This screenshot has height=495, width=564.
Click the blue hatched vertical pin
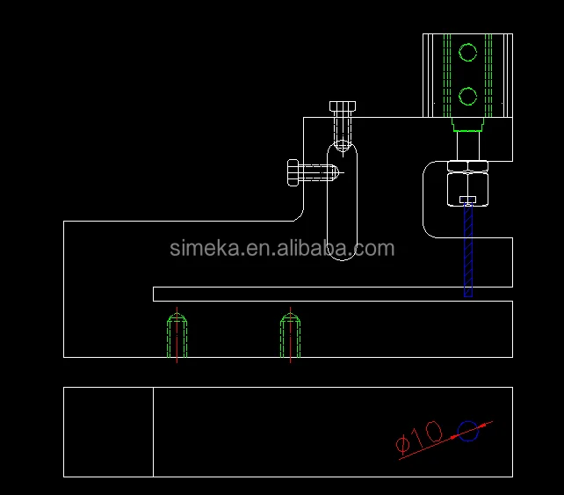tap(468, 250)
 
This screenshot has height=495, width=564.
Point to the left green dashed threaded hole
tap(177, 336)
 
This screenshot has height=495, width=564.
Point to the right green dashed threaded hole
tap(290, 336)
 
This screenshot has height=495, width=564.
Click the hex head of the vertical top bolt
tap(343, 106)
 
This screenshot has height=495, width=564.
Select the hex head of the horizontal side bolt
tap(293, 173)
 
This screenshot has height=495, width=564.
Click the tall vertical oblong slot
tap(328, 201)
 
